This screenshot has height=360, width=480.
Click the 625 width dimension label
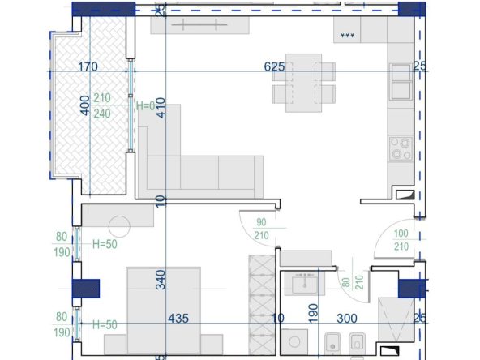(274, 66)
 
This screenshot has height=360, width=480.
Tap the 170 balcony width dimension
(88, 66)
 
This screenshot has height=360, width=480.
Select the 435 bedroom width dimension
(178, 319)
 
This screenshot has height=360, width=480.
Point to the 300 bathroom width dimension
(347, 319)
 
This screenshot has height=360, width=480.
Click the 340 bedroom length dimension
(161, 280)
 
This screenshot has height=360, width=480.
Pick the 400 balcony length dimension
(85, 105)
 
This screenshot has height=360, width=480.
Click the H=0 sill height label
(146, 106)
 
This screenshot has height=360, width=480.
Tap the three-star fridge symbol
(348, 36)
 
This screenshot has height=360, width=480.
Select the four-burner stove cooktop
(401, 148)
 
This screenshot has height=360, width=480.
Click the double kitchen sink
(401, 81)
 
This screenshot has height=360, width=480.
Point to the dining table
(304, 83)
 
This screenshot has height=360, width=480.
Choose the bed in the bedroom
(164, 311)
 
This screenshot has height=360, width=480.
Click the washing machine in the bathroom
(294, 342)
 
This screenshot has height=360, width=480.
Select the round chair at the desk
(119, 226)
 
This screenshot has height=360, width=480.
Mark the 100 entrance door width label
(401, 234)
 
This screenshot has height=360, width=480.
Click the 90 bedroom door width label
(261, 222)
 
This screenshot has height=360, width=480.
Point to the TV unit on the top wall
(200, 24)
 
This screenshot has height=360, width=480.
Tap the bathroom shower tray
(396, 319)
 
